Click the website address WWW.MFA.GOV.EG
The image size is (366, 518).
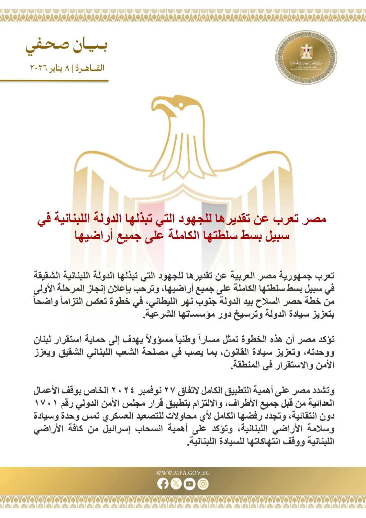(183, 473)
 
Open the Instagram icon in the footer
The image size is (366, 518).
(203, 484)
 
